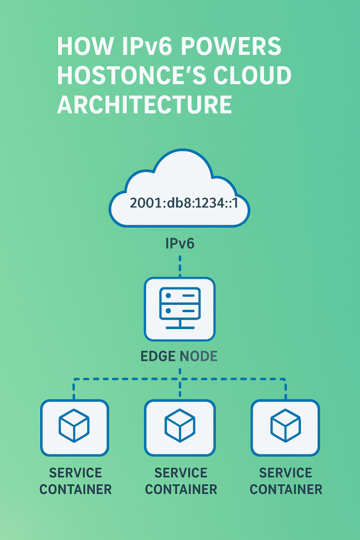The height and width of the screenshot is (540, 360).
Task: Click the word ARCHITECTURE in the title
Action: pyautogui.click(x=144, y=104)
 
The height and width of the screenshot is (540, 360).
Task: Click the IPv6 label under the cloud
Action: pyautogui.click(x=180, y=244)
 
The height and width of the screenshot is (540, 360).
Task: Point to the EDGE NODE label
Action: pyautogui.click(x=179, y=356)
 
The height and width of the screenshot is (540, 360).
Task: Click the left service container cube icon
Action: pyautogui.click(x=74, y=426)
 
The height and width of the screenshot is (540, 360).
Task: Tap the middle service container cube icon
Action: pyautogui.click(x=180, y=426)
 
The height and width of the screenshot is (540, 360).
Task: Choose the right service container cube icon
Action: pyautogui.click(x=285, y=426)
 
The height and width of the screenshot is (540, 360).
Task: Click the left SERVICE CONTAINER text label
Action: pyautogui.click(x=75, y=481)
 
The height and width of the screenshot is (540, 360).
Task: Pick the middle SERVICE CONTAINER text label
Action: pyautogui.click(x=181, y=481)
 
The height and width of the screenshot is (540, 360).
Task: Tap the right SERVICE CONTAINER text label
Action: pyautogui.click(x=286, y=481)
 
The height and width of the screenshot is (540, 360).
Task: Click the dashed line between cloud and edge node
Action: pyautogui.click(x=180, y=266)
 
